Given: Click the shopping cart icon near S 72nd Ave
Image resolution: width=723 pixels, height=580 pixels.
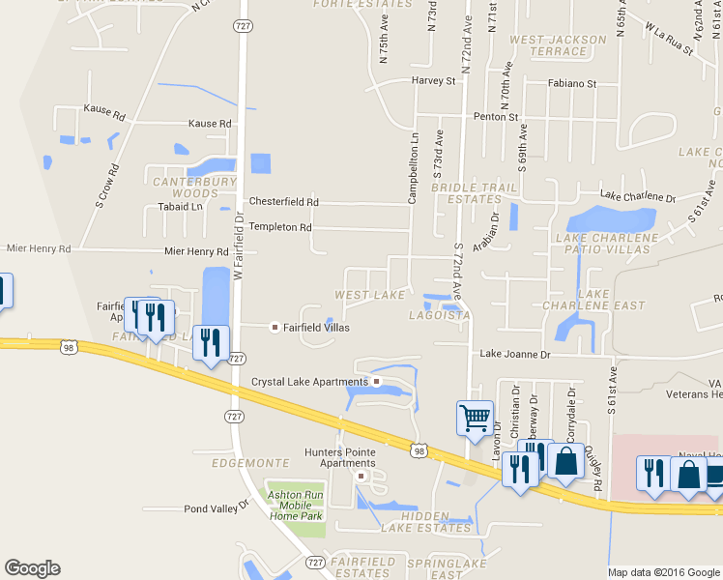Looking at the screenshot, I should tap(475, 419).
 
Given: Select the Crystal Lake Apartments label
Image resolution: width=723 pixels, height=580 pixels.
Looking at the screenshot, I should tap(312, 382).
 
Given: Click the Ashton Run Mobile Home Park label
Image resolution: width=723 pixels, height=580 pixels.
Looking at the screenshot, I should tap(295, 506).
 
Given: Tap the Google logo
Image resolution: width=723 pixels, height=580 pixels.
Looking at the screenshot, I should tap(32, 568).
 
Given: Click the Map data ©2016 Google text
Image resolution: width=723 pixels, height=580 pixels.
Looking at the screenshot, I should tap(664, 572).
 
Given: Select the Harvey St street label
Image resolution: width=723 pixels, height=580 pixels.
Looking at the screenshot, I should tap(432, 81).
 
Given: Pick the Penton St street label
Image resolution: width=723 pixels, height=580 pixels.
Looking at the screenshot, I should tap(496, 117).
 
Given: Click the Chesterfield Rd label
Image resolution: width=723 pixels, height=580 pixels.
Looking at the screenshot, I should tap(283, 202).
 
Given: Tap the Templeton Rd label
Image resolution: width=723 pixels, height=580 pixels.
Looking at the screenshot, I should tap(279, 227).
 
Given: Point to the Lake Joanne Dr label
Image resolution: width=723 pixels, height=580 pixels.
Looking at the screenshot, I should tap(515, 355).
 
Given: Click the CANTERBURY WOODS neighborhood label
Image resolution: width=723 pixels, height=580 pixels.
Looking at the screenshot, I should tap(190, 188).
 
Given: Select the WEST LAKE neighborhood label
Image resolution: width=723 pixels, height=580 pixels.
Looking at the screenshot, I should tap(369, 294).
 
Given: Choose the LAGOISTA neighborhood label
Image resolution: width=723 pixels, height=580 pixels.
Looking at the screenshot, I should tap(440, 315).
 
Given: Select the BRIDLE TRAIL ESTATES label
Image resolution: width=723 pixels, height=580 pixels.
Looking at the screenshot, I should tap(467, 193).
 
